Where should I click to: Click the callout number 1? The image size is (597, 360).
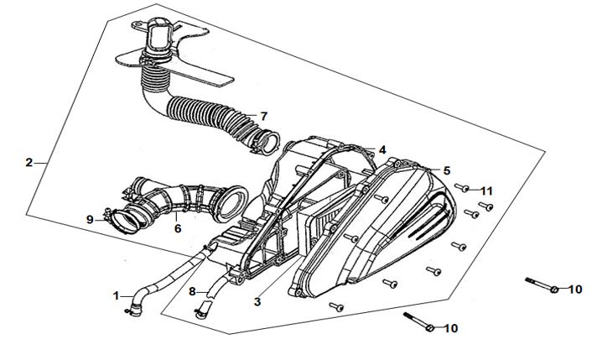117,295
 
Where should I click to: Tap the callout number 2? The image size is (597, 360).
29,162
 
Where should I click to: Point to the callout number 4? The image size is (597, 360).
382,150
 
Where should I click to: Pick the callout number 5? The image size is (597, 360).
447,170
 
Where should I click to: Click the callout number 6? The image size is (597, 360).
177,227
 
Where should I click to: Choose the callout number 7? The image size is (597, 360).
262,116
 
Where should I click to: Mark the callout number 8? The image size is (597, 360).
192,291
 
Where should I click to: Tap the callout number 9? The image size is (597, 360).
90,219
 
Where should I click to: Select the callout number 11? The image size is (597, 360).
487,190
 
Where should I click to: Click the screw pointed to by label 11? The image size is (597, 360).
462,189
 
